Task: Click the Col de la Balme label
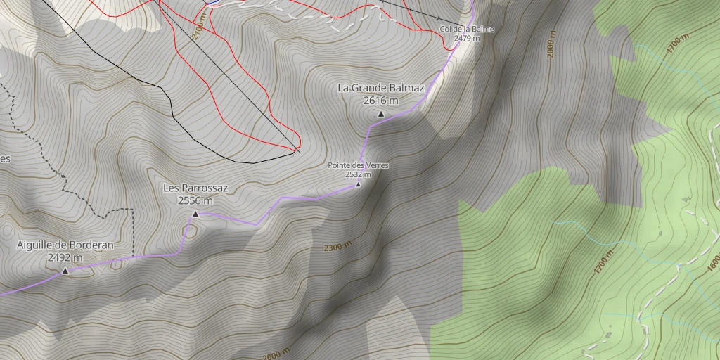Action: tap(467, 29)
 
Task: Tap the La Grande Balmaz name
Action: tap(381, 88)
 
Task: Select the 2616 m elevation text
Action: tap(381, 101)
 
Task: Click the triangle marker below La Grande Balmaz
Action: tap(381, 114)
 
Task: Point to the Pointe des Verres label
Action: tap(358, 166)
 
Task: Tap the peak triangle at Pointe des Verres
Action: tap(358, 185)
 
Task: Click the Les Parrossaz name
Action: tap(195, 188)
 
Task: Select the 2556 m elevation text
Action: tap(195, 201)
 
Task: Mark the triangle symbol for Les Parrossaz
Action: tap(195, 214)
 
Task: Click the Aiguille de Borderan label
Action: tap(65, 245)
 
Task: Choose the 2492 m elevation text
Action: tap(65, 257)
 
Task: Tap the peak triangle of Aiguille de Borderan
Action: tap(65, 271)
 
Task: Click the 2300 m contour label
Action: tap(338, 246)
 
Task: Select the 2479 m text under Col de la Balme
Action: tap(467, 38)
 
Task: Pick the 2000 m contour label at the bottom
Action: tap(276, 355)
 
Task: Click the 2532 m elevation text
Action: tap(358, 174)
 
